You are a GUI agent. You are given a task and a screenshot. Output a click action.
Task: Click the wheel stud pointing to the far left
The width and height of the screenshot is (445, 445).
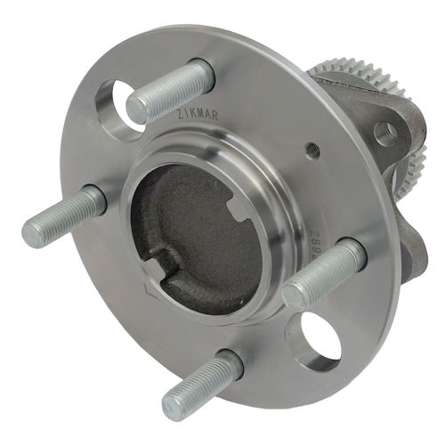tap(62, 217)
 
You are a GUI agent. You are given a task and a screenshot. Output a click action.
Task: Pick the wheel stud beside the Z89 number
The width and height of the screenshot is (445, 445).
tap(324, 271)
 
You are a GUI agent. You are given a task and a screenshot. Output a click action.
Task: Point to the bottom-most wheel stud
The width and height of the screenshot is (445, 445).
tap(202, 384)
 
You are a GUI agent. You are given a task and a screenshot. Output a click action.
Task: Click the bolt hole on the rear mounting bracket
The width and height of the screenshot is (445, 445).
tap(385, 133)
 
